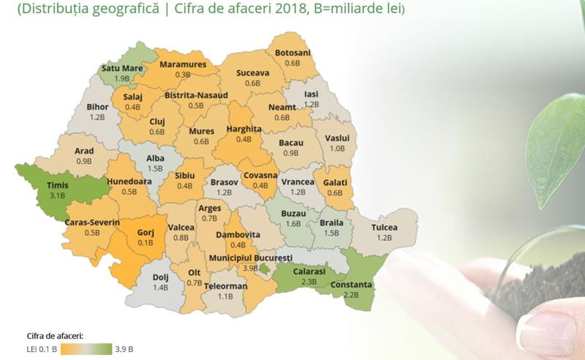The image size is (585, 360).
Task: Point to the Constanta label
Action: tap(351, 285)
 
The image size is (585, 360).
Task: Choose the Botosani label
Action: tap(292, 53)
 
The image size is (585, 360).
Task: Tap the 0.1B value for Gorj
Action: tap(146, 243)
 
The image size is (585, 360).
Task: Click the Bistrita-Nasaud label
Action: tap(196, 95)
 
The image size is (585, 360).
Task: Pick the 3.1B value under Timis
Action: tap(56, 196)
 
